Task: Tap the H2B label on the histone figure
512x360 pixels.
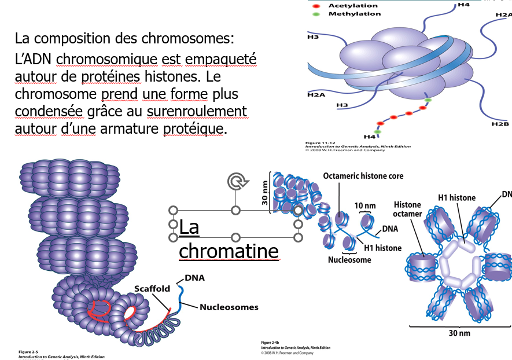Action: pos(499,124)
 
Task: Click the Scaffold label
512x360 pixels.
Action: pos(152,288)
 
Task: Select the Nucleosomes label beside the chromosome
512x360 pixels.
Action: pos(229,307)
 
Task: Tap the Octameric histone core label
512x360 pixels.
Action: pos(363,175)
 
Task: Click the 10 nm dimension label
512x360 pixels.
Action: pos(364,205)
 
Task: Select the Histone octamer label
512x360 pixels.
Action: pos(407,210)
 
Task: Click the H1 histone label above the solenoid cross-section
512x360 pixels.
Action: pos(457,197)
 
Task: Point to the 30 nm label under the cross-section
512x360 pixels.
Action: pos(461,333)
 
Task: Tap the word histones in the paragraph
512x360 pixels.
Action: pos(182,76)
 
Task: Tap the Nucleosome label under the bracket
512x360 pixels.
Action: pos(349,260)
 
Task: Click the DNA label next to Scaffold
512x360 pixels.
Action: pos(195,278)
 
